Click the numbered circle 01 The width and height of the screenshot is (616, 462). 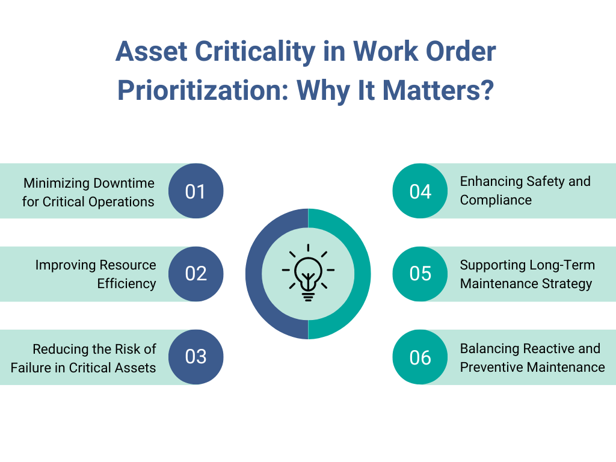tap(196, 191)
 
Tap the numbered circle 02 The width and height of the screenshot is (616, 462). tap(196, 274)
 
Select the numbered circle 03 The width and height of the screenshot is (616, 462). tap(196, 357)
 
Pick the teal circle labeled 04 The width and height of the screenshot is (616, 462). tap(420, 191)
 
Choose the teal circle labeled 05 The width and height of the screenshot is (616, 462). tap(420, 274)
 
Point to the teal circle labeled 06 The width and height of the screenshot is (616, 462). tap(420, 357)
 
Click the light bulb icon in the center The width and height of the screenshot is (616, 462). tap(308, 274)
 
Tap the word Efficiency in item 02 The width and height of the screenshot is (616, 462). tap(126, 283)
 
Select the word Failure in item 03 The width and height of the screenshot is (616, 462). tap(30, 368)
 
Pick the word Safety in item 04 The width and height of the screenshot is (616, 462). tap(546, 181)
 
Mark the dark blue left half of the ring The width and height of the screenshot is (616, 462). tap(254, 274)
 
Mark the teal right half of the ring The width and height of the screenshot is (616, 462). tap(362, 274)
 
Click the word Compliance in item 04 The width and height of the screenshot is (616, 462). tap(496, 200)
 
